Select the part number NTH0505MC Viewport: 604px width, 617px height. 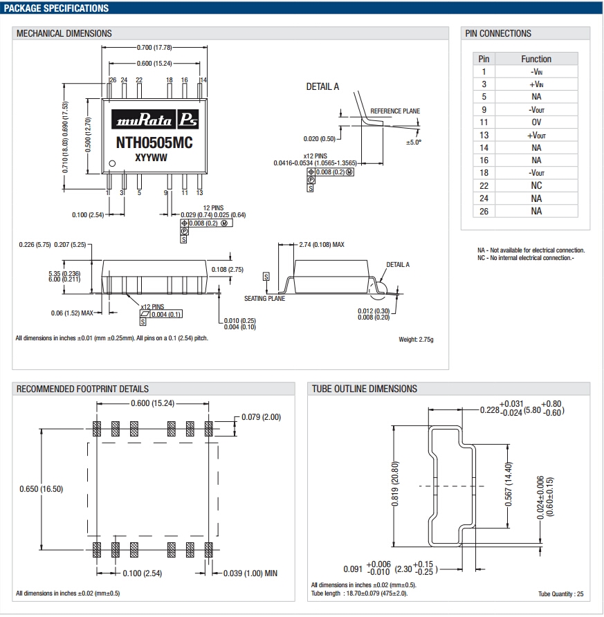point(154,143)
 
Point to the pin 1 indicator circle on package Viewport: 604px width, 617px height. point(112,164)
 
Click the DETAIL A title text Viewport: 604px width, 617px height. point(322,86)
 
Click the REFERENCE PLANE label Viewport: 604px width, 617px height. point(395,111)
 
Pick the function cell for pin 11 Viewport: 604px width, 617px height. point(536,122)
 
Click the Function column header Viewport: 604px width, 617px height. point(536,59)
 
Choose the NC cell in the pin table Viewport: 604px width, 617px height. point(536,185)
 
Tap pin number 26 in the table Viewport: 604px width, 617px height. point(484,211)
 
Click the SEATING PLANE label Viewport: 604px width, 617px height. point(264,299)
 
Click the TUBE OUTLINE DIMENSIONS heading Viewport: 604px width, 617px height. point(365,389)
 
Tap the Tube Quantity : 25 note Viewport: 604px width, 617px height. point(560,593)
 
